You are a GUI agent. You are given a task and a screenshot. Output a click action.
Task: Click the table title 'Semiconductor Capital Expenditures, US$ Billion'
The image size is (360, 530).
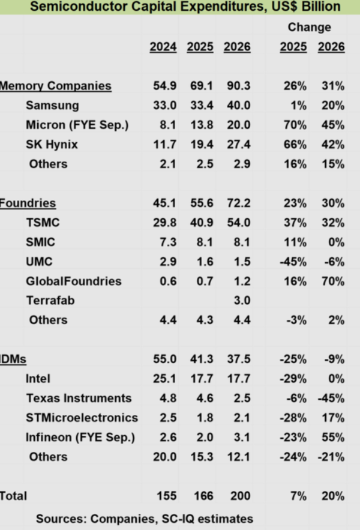[185, 7]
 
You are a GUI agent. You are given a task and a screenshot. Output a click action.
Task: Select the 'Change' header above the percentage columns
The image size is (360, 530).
[309, 27]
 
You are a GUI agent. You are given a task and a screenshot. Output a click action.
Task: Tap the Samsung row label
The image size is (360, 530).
[52, 105]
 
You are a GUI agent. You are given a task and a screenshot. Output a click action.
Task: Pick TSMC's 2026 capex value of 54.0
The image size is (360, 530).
[237, 223]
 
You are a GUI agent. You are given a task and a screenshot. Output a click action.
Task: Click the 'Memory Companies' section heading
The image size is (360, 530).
[56, 86]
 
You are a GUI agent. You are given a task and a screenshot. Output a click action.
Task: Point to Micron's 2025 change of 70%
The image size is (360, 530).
[295, 125]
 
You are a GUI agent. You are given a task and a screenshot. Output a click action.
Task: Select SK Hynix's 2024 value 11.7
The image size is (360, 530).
[164, 145]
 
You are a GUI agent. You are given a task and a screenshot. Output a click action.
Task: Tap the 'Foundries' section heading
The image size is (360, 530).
[28, 203]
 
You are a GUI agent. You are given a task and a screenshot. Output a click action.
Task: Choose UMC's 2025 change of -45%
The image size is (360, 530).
[292, 262]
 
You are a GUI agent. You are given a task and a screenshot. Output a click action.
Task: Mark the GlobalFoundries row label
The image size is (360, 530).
[74, 281]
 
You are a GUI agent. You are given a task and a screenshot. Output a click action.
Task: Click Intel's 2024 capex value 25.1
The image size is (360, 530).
[164, 379]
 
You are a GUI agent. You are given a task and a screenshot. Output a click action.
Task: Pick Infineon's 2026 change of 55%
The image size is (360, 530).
[332, 438]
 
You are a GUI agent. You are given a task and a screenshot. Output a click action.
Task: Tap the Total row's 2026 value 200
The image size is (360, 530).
[239, 496]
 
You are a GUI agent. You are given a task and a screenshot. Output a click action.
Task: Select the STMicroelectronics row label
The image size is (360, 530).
[82, 418]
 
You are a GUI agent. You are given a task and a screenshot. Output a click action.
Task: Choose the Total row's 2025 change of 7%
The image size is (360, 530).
[298, 496]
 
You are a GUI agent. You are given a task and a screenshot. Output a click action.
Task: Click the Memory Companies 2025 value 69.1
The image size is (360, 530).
[200, 86]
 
